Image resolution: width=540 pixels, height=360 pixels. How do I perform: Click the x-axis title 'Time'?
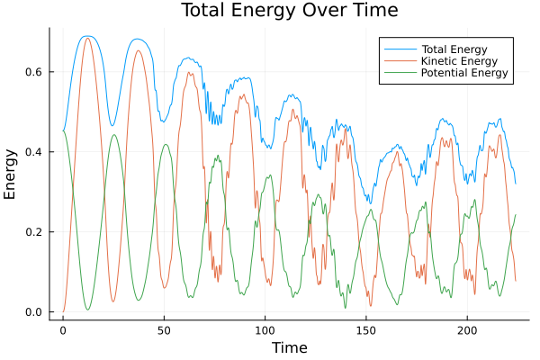tap(290, 347)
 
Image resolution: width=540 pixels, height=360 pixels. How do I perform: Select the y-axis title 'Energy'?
tap(11, 175)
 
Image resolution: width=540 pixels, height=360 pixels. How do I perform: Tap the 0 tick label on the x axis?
tap(63, 330)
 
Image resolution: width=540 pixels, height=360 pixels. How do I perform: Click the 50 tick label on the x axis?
tap(164, 330)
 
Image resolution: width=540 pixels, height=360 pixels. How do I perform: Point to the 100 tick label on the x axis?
tap(265, 330)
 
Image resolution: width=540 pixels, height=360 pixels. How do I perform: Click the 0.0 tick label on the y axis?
tap(34, 312)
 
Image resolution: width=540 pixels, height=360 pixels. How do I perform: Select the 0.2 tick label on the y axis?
tap(34, 232)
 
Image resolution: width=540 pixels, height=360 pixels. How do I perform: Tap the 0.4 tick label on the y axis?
tap(34, 152)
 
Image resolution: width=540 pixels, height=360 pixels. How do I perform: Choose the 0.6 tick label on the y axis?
tap(34, 72)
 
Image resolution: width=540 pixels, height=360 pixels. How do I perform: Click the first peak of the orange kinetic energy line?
tap(87, 38)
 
